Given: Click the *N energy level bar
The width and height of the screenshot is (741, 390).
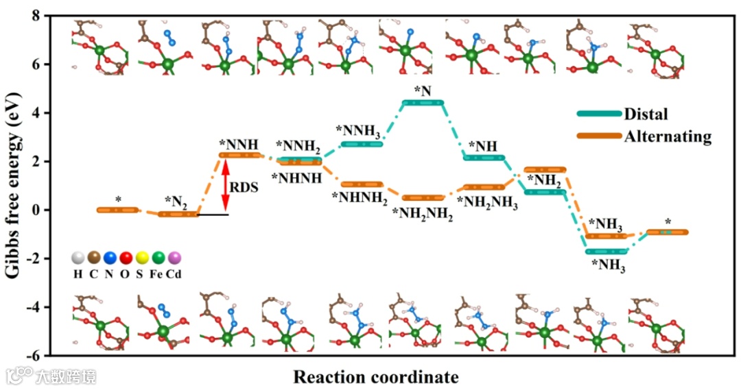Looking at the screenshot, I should [423, 103].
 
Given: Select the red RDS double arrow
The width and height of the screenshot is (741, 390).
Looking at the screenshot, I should [224, 184].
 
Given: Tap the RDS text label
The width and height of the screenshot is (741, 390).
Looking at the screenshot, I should [245, 186].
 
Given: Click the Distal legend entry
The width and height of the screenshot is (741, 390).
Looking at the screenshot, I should [646, 114].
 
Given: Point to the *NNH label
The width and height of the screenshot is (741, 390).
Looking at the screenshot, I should [239, 145].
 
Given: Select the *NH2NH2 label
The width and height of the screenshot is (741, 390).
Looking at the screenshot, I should [423, 213].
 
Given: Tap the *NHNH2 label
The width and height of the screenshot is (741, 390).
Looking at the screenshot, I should [360, 199].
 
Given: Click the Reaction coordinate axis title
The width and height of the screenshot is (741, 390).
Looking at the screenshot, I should [375, 376].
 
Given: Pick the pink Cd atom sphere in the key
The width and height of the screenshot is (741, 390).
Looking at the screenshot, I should [174, 258].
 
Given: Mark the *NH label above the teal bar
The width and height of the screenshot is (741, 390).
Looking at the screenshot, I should [482, 146].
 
